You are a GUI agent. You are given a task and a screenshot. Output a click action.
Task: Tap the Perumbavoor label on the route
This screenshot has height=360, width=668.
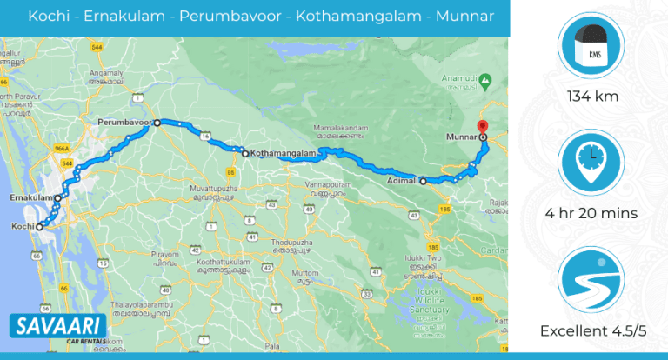coord(124,123)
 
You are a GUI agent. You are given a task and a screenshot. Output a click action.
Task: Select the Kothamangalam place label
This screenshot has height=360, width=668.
coord(281,154)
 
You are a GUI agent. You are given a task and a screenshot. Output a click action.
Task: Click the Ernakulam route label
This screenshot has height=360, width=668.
coord(27,197)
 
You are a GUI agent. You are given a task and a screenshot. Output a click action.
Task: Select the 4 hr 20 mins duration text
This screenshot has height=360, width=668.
coord(591,213)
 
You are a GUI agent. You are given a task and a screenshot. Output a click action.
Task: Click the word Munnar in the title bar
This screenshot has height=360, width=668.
coord(464,17)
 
